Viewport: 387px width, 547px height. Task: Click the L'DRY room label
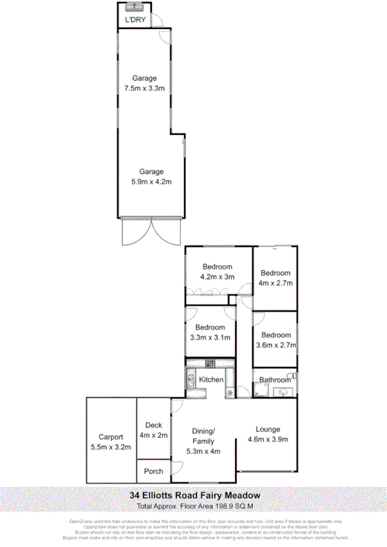pyautogui.click(x=135, y=21)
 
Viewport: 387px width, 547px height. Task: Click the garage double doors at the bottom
pyautogui.click(x=152, y=231)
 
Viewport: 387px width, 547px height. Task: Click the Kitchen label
pyautogui.click(x=211, y=380)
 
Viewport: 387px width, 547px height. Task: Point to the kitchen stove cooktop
pyautogui.click(x=209, y=363)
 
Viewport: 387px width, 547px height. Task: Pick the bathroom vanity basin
pyautogui.click(x=284, y=391)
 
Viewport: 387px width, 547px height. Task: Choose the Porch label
pyautogui.click(x=153, y=471)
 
